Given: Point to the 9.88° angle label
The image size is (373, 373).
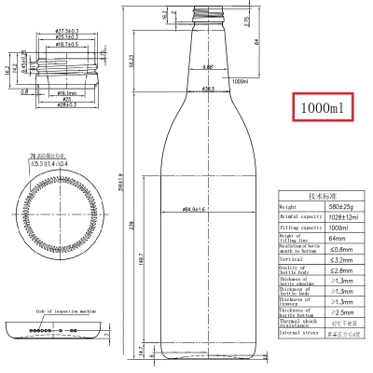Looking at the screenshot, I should (x=209, y=66).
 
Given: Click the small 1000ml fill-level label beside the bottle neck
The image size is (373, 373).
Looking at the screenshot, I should (x=242, y=82).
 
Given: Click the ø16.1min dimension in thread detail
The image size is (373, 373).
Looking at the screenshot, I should (x=66, y=93).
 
